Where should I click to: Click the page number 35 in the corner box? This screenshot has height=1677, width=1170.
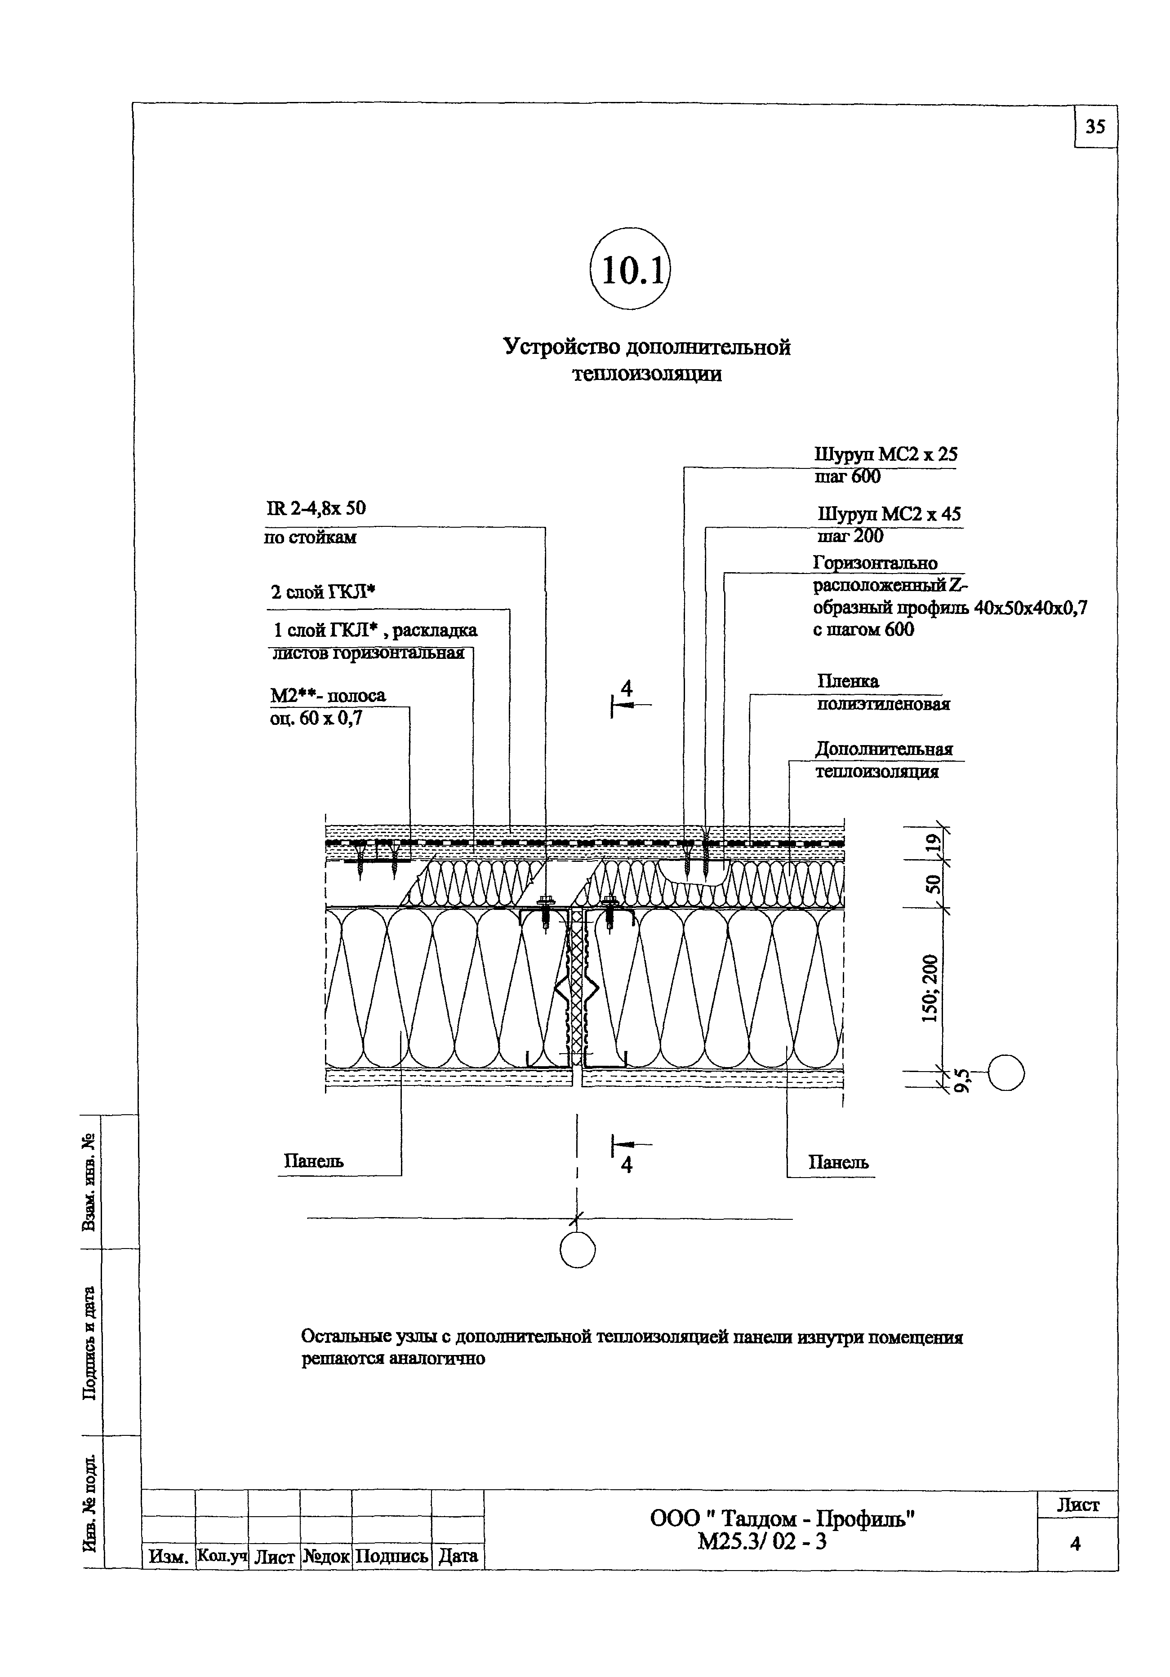[1095, 127]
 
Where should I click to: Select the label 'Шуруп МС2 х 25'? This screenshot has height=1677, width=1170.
[885, 455]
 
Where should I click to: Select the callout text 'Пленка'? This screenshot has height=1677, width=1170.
[848, 681]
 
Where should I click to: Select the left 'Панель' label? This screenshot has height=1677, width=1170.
[313, 1161]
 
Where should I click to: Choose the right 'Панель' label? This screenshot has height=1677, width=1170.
[838, 1162]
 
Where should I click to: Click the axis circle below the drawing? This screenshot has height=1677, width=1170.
[577, 1251]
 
